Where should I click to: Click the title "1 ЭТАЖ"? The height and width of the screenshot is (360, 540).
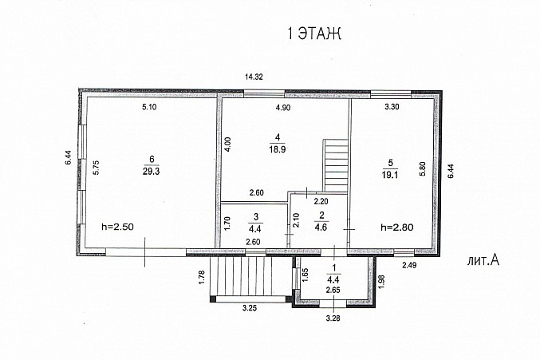click(314, 34)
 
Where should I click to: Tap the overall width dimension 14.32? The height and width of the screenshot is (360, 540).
click(254, 77)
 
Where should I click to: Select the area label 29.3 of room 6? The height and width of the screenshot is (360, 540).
click(152, 171)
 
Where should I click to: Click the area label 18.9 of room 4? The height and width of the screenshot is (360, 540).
click(278, 149)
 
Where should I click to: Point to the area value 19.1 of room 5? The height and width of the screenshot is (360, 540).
click(390, 175)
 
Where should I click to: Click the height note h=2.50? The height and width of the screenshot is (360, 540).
click(117, 227)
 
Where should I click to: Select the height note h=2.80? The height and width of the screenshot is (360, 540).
click(397, 227)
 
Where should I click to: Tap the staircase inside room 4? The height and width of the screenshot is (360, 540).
click(336, 165)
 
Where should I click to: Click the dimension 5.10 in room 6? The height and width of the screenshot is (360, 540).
click(149, 107)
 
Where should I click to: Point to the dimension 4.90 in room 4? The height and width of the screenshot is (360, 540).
click(283, 108)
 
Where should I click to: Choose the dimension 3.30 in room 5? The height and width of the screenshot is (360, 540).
click(392, 107)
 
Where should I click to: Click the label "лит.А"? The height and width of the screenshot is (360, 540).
click(483, 260)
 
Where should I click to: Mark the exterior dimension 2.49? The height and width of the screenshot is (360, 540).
click(409, 265)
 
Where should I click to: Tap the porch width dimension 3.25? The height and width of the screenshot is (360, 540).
click(250, 308)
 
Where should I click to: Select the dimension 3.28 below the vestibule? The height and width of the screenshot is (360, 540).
click(333, 318)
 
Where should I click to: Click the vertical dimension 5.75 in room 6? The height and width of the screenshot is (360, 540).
click(97, 168)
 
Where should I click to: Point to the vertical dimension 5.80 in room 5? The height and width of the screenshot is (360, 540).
click(423, 168)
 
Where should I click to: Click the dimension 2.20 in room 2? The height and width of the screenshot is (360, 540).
click(321, 201)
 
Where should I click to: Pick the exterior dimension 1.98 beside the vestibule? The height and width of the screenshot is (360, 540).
click(381, 282)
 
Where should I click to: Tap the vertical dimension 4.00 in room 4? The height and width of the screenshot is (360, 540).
click(228, 144)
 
